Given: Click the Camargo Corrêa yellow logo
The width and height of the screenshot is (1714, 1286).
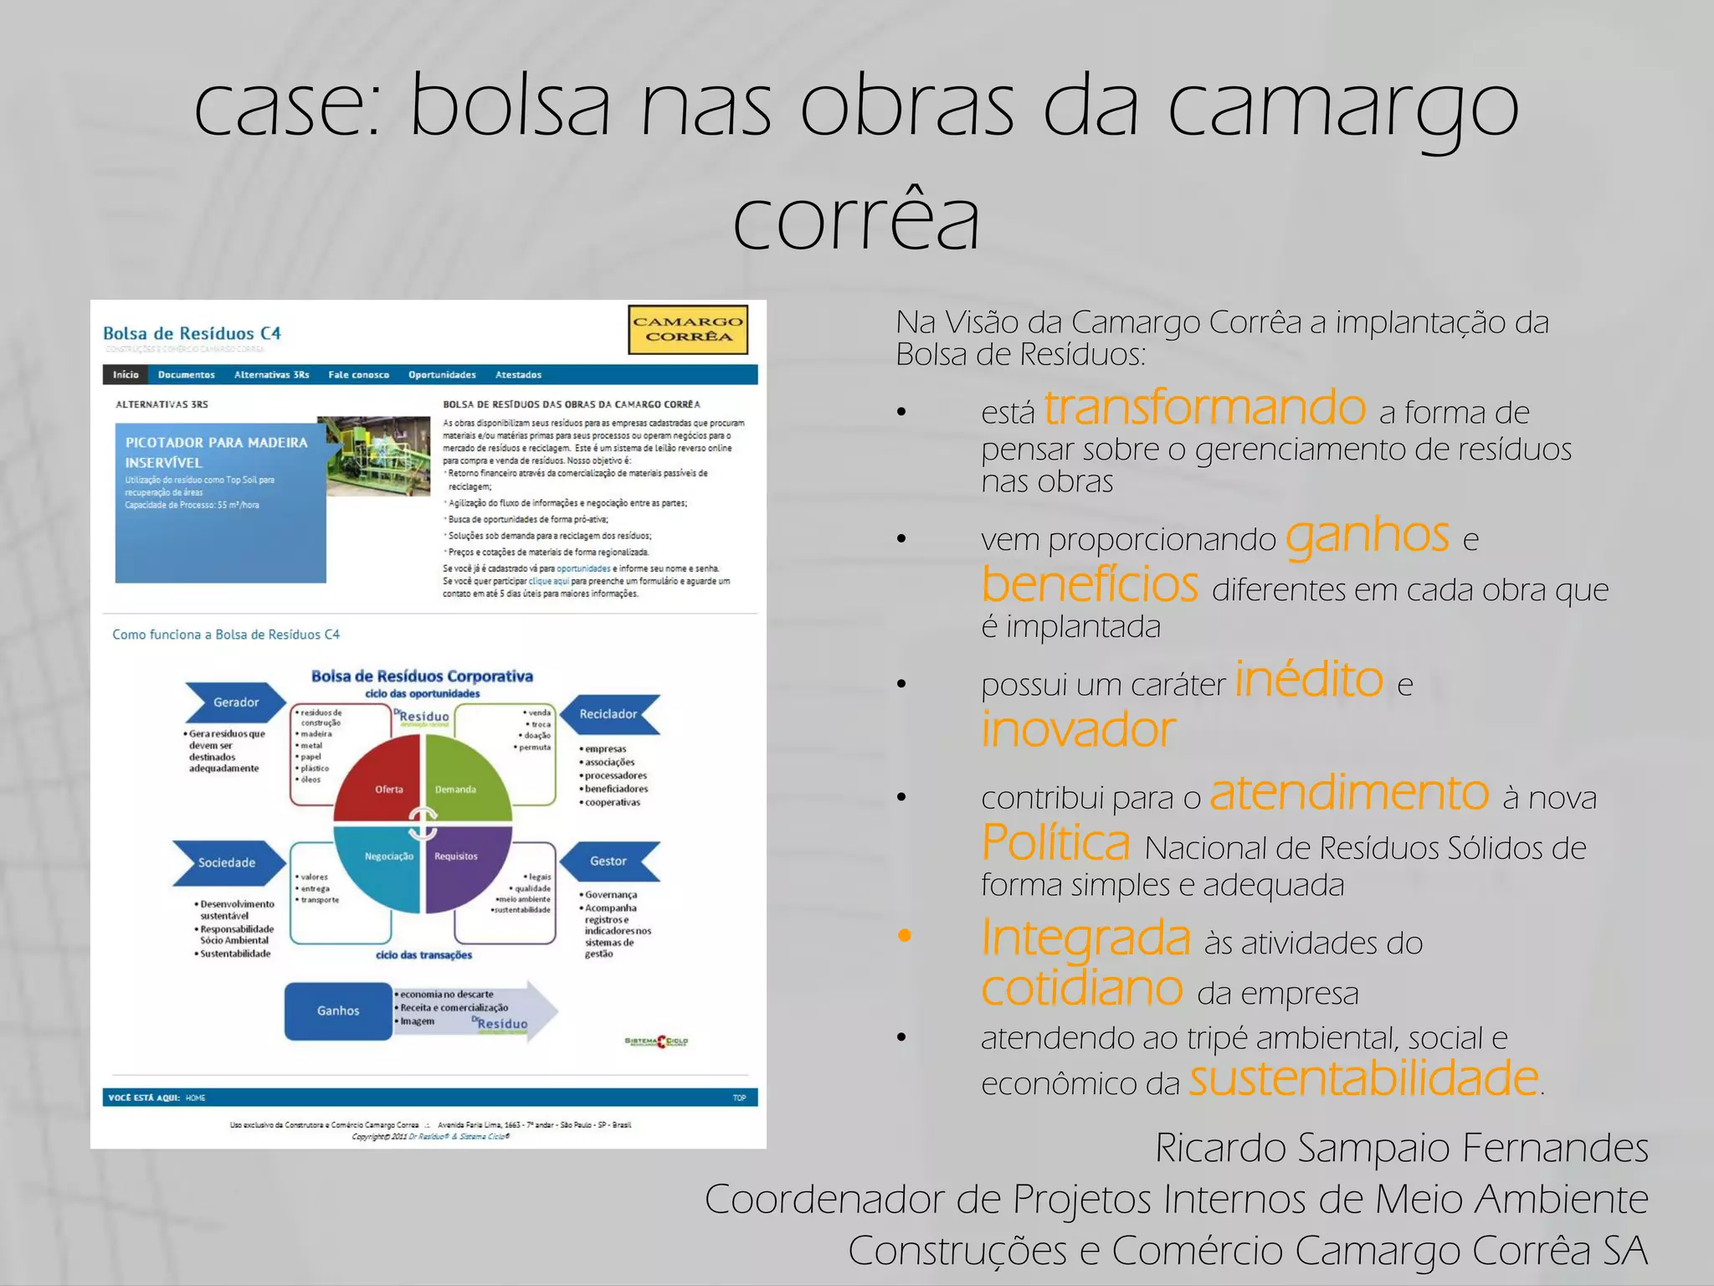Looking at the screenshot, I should [x=688, y=329].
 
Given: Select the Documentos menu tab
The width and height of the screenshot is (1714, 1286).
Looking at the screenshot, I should [x=187, y=375].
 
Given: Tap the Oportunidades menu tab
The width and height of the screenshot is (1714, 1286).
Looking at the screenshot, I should [x=442, y=375].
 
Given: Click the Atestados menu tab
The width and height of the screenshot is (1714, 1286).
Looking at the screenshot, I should [x=518, y=375].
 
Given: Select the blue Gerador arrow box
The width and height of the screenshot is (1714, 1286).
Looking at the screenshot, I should [x=235, y=702].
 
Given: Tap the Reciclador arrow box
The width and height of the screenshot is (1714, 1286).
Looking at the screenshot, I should [x=609, y=714].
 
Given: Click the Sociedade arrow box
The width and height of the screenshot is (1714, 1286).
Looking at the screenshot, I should [x=227, y=862].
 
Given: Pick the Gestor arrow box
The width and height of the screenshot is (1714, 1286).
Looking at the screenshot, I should [x=609, y=861].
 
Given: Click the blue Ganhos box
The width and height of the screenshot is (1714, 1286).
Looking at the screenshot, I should [x=338, y=1011].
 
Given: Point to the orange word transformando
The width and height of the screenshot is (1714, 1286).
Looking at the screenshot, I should [x=1205, y=409].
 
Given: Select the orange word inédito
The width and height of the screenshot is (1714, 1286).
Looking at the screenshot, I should [x=1308, y=679].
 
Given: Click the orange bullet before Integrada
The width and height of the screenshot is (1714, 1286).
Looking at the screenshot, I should [x=904, y=936].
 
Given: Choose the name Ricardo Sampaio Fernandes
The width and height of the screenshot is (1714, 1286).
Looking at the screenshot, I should [x=1402, y=1148].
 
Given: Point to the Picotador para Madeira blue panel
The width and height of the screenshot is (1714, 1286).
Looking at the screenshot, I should [x=219, y=502].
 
